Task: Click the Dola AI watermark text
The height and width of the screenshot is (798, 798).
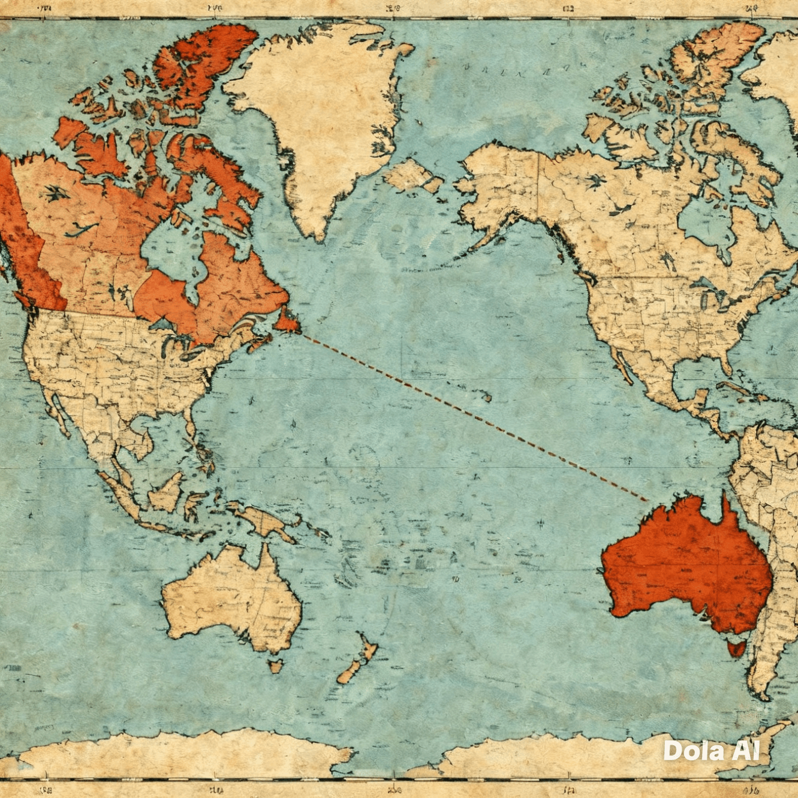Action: (711, 750)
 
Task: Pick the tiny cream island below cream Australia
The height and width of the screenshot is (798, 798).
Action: (276, 665)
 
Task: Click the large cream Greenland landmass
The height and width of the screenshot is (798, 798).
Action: (324, 108)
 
